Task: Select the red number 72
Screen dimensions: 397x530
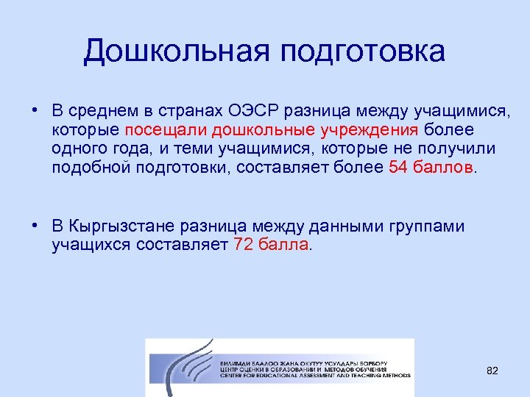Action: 243,245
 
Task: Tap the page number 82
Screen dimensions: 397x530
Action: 492,371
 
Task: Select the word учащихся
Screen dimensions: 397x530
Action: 91,245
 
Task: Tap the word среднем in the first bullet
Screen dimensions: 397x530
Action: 101,111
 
